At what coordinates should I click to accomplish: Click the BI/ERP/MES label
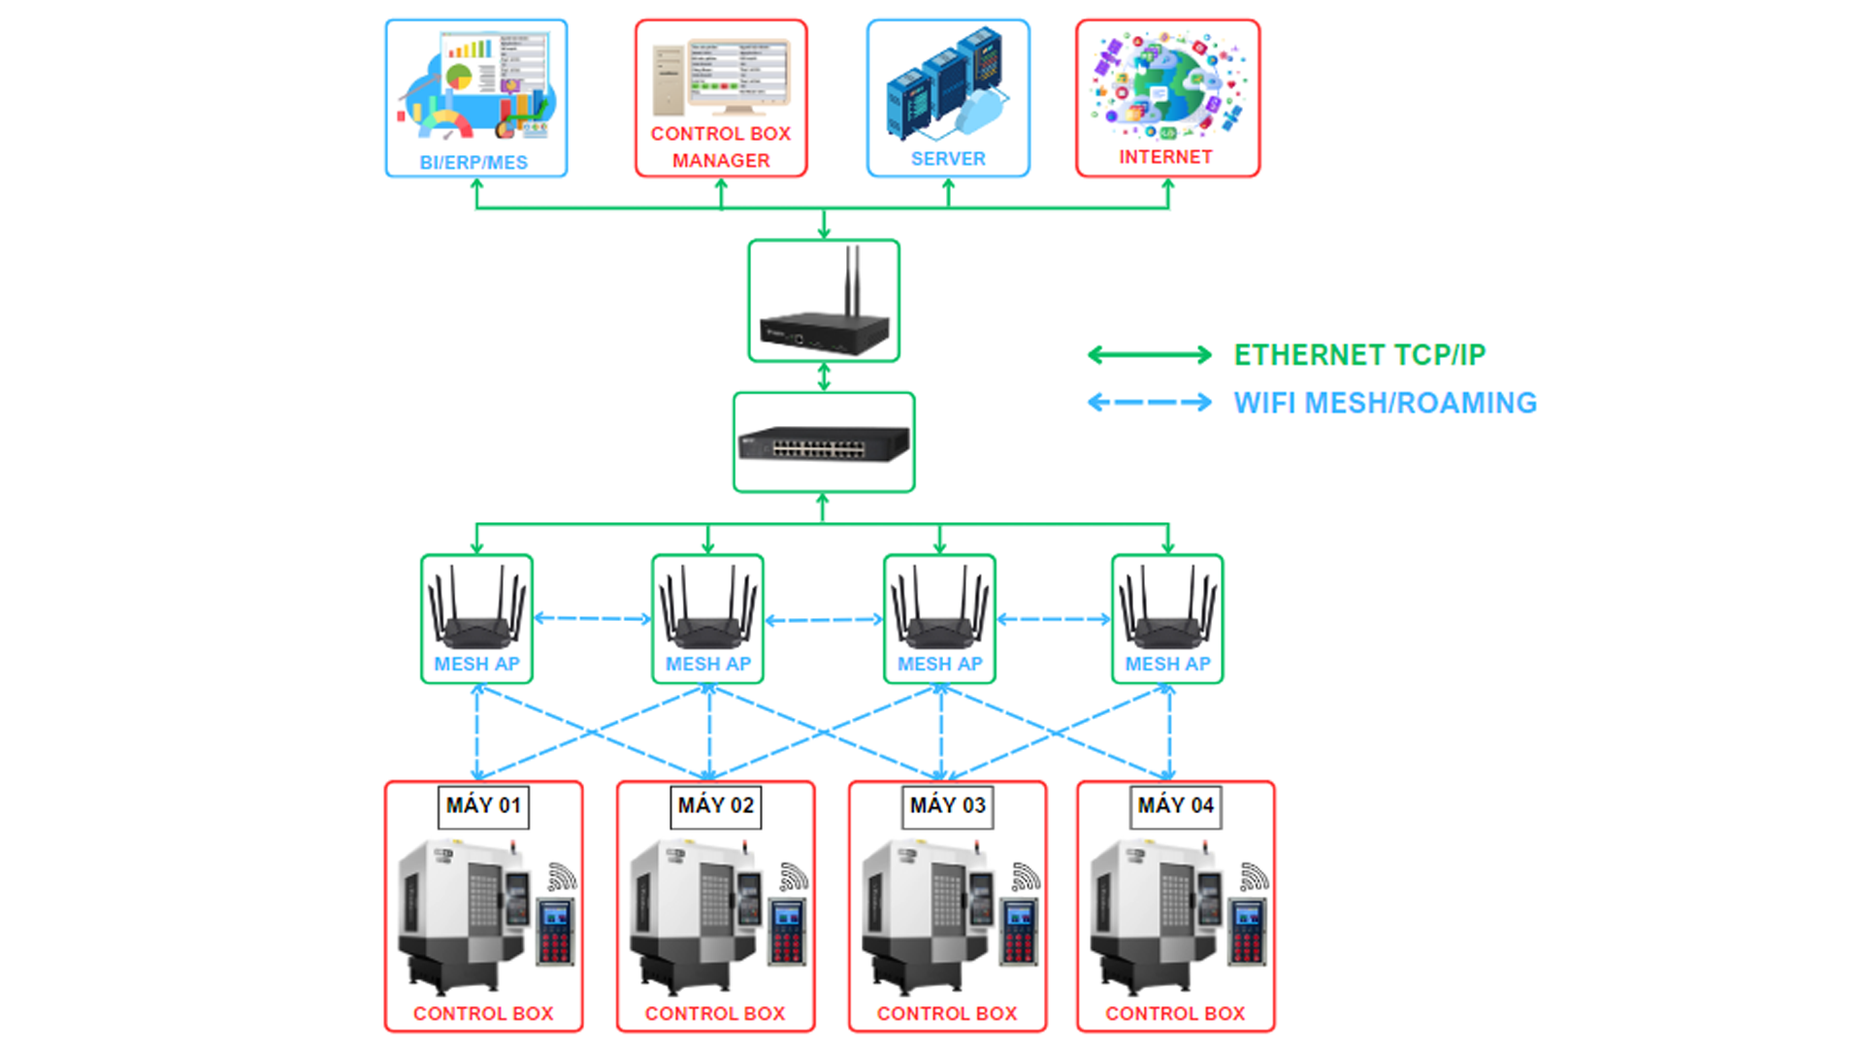click(474, 162)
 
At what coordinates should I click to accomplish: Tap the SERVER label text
click(948, 158)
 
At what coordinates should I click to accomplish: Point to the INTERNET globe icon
click(1167, 85)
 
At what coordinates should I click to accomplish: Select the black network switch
click(824, 444)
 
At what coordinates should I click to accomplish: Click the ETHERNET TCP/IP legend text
click(1359, 355)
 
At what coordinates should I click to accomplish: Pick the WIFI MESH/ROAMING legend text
click(1385, 403)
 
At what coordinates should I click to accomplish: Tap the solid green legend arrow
click(1150, 355)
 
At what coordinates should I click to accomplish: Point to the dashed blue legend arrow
click(1150, 402)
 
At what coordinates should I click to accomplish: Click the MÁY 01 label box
click(483, 805)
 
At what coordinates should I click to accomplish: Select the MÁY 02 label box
click(716, 805)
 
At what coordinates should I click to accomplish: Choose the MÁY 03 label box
click(948, 805)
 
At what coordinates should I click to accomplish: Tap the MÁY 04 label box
click(1176, 805)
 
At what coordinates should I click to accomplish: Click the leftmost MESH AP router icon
click(476, 609)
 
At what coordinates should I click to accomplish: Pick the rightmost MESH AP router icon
click(1167, 609)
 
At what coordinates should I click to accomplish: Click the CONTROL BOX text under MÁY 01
click(483, 1013)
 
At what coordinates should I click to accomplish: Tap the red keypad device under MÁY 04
click(1248, 932)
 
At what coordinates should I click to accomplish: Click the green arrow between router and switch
click(824, 377)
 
